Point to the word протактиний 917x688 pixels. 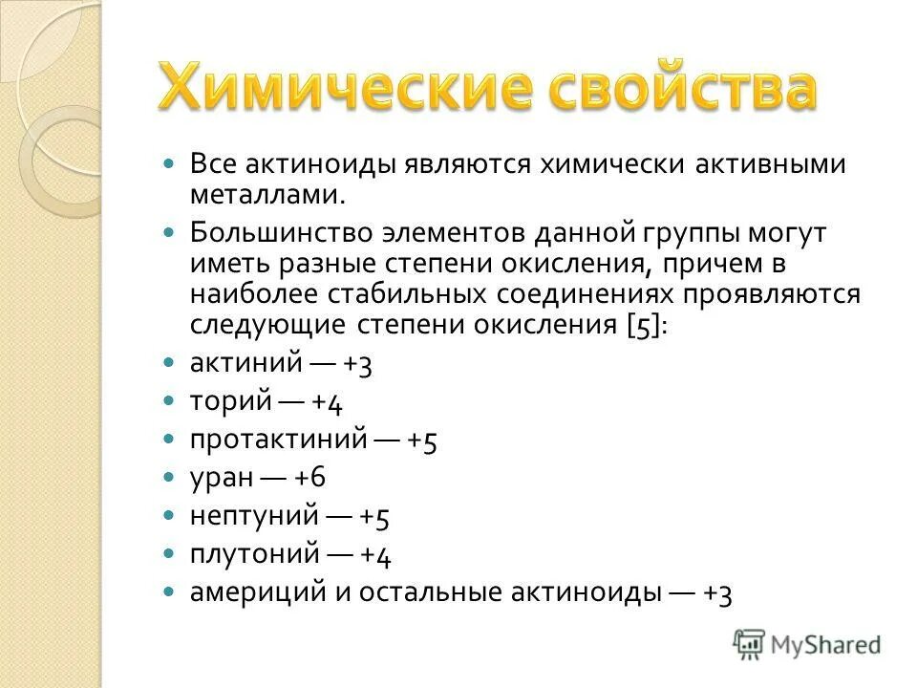tap(279, 440)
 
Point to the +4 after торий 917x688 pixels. tap(327, 402)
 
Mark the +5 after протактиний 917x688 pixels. tap(422, 441)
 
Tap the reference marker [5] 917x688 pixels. tap(646, 325)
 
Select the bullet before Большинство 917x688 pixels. tap(170, 233)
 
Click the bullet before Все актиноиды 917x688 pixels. tap(170, 164)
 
